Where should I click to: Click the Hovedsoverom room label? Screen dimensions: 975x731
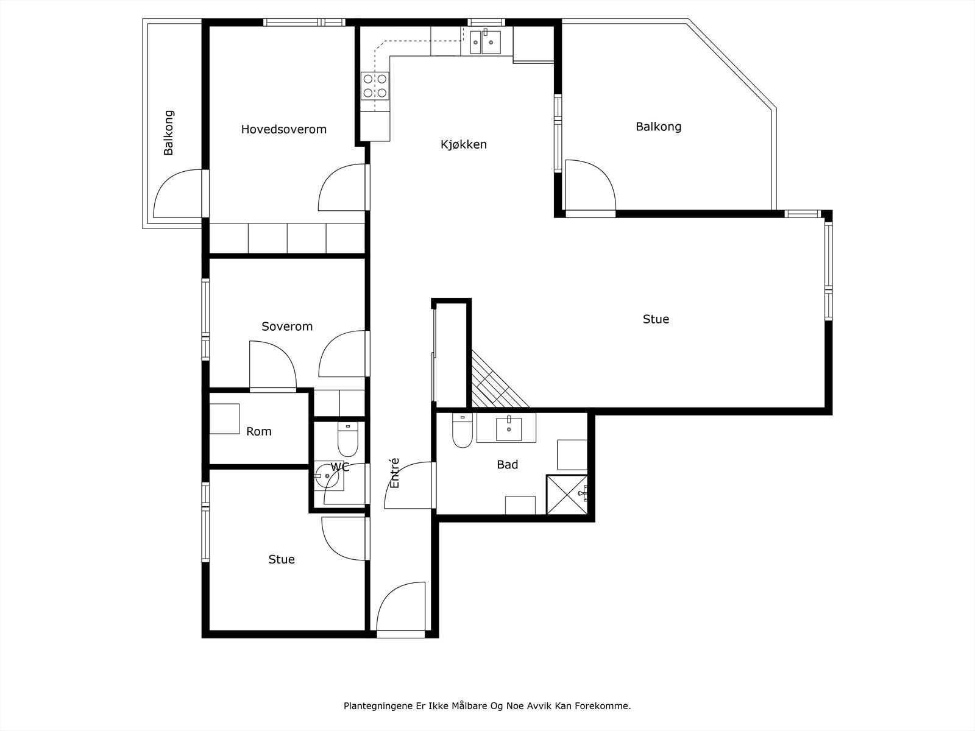coord(283,129)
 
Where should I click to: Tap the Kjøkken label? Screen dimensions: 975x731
coord(463,144)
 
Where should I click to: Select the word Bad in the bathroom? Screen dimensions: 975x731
coord(507,464)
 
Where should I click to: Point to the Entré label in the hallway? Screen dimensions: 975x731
coord(394,473)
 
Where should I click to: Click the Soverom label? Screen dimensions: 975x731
coord(287,327)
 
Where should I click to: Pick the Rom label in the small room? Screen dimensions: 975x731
coord(258,431)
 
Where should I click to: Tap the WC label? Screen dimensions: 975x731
coord(340,467)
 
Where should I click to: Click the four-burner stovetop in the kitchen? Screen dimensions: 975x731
coord(375,86)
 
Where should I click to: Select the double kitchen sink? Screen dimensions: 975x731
coord(485,41)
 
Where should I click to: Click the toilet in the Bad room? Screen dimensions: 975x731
coord(462,431)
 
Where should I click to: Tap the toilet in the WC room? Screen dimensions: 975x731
coord(348,439)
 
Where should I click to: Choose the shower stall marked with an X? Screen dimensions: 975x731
coord(567,495)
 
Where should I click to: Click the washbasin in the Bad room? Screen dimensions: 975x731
coord(509,428)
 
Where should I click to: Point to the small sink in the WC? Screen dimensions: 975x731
coord(328,475)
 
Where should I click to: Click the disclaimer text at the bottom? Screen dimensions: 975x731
coord(487,705)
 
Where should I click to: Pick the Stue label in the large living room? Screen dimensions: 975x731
coord(656,319)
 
